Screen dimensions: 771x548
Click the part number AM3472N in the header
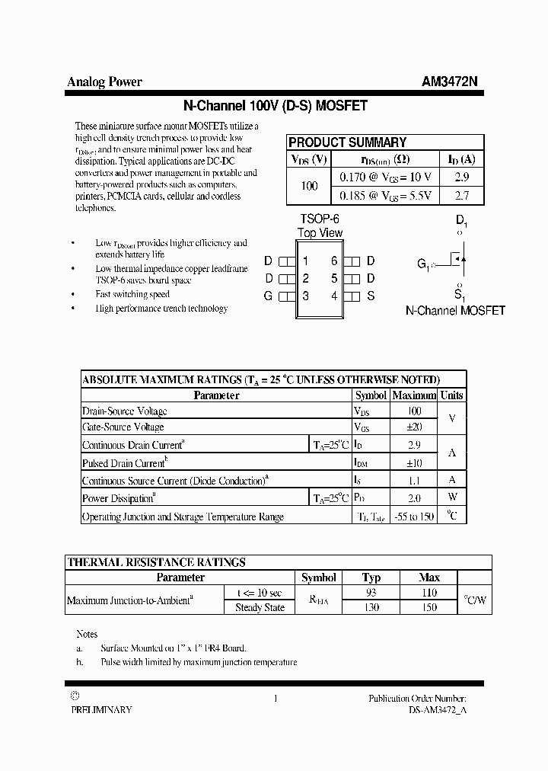point(449,82)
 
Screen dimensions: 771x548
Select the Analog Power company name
point(104,82)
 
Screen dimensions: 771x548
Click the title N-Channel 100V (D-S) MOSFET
point(276,107)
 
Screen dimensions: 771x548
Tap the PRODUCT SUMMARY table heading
point(347,142)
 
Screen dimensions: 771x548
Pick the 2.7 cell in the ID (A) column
point(461,196)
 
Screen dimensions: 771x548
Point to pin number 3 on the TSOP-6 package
point(305,296)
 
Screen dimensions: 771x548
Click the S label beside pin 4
point(371,296)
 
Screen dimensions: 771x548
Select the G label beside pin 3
point(268,296)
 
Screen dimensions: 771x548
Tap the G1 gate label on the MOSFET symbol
point(423,264)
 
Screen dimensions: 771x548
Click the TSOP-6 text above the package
point(320,218)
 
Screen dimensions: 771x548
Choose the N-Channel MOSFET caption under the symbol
point(455,311)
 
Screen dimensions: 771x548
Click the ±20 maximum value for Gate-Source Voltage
point(413,427)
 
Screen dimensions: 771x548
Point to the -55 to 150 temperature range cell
point(413,517)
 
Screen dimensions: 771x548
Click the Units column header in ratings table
point(451,395)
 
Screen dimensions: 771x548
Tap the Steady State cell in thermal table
point(260,607)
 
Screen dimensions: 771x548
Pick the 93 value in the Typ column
point(371,593)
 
